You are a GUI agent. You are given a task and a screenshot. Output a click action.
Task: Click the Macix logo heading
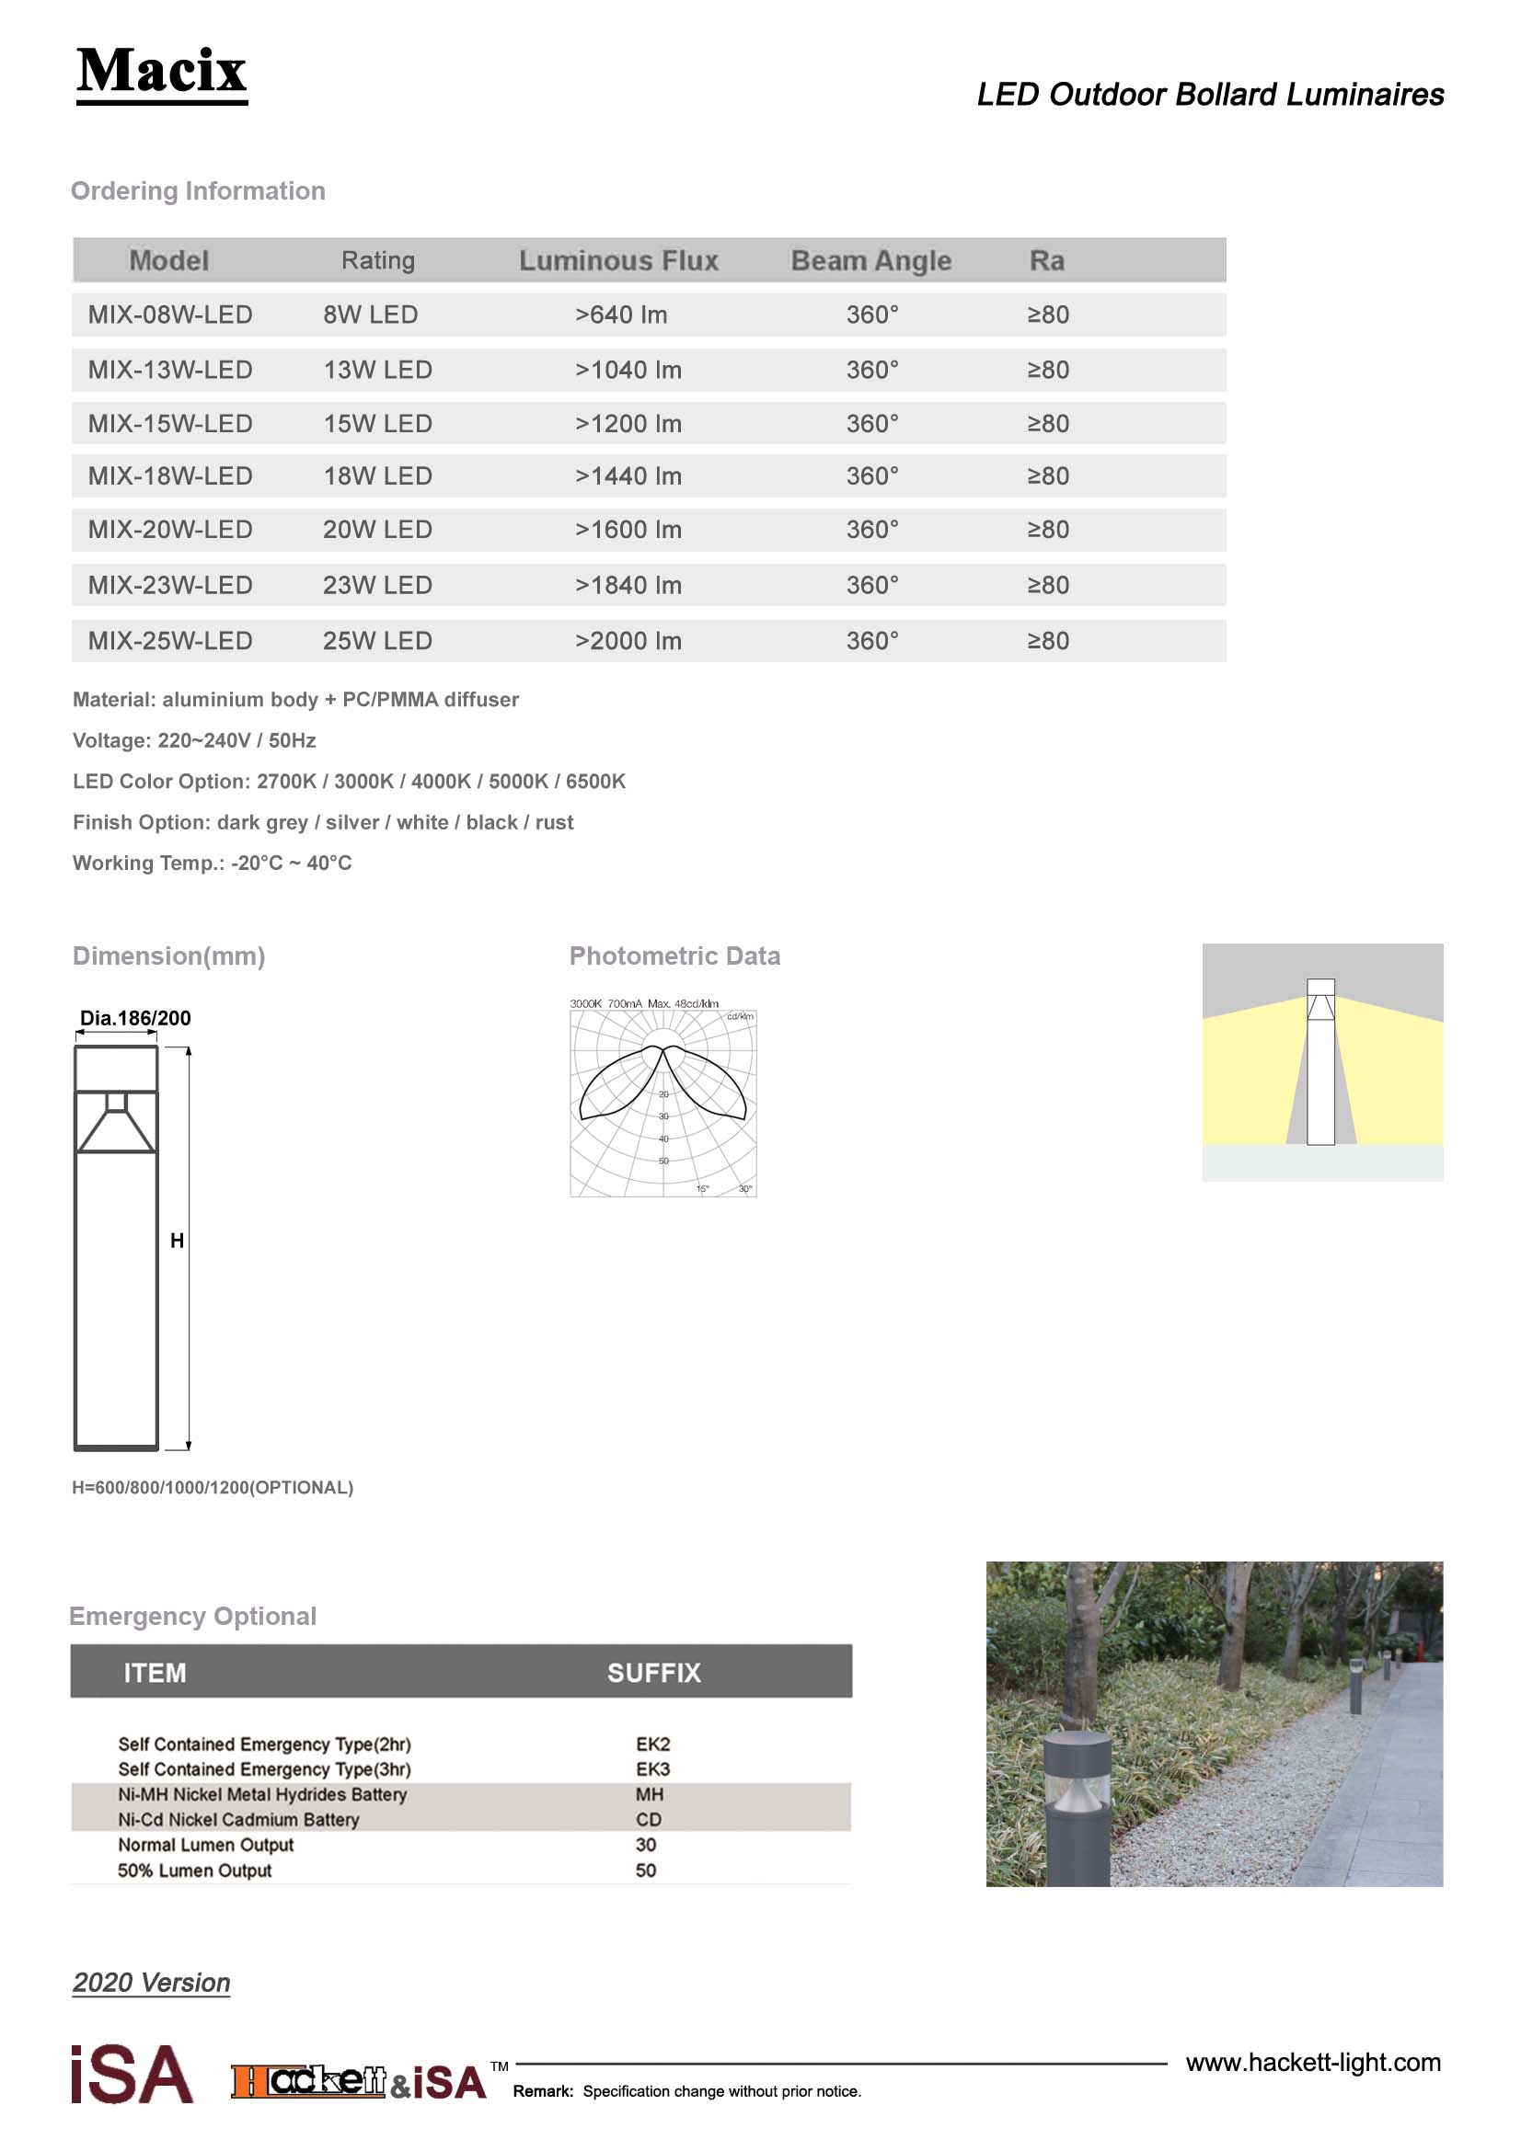pos(161,71)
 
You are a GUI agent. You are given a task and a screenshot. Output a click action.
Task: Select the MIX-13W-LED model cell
pos(169,370)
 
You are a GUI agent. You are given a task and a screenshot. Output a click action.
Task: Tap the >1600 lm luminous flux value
pos(628,531)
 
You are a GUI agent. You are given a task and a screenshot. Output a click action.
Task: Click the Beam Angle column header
pos(870,260)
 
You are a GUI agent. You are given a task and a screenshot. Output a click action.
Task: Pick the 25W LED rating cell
pos(376,642)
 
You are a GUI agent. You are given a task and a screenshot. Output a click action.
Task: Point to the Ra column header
pos(1047,260)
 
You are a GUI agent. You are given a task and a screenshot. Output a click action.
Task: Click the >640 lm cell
pos(620,315)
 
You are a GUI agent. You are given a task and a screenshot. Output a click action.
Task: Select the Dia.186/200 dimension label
pos(135,1018)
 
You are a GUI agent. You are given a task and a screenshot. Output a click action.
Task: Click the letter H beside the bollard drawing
pos(177,1241)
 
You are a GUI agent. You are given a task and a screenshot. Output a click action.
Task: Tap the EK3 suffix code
pos(652,1769)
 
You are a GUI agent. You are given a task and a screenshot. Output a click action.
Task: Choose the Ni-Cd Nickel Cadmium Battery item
pos(238,1820)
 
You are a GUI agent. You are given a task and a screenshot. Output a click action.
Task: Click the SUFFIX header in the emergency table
pos(653,1673)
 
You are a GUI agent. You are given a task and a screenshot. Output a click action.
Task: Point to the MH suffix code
pos(650,1795)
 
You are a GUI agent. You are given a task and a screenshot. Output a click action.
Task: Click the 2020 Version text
pos(151,1984)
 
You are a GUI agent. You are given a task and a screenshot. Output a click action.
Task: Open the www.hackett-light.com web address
pos(1312,2063)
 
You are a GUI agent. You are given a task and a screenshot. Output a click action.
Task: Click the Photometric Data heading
pos(674,956)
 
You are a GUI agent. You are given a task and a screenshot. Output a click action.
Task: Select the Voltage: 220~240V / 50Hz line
pos(194,741)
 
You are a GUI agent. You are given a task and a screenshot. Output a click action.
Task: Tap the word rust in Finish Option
pos(554,822)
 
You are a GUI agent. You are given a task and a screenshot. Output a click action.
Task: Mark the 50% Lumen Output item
pos(194,1871)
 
